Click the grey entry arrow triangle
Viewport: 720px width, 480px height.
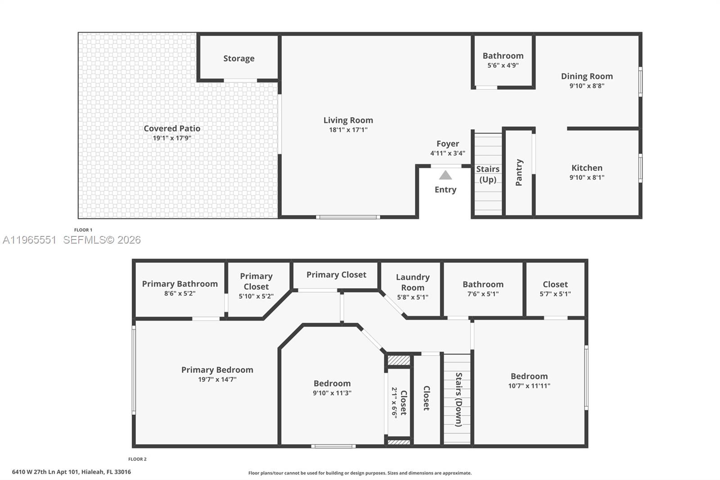click(x=445, y=175)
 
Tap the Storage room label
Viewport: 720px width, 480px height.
click(x=239, y=59)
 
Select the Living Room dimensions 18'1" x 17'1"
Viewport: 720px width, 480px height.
click(x=348, y=130)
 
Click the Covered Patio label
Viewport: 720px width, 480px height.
click(x=172, y=128)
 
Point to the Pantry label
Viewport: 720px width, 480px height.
click(x=519, y=172)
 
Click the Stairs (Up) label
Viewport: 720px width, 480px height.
click(x=488, y=174)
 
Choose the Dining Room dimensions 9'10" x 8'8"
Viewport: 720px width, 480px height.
click(x=587, y=86)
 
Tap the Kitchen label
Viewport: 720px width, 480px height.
click(x=587, y=168)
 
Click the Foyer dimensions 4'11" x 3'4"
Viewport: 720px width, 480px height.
click(x=448, y=153)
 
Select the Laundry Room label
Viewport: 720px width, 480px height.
click(x=413, y=282)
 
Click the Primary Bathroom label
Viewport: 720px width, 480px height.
click(x=180, y=284)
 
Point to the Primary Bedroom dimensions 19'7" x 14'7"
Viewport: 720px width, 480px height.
click(x=217, y=379)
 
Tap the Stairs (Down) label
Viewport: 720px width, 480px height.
click(x=459, y=399)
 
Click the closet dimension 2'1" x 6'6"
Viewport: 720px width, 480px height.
click(x=394, y=403)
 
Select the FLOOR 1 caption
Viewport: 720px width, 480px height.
click(x=83, y=230)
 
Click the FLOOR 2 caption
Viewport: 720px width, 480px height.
click(x=137, y=459)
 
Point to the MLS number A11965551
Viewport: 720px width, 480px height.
click(x=29, y=240)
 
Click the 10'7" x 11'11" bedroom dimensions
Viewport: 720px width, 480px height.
click(x=529, y=386)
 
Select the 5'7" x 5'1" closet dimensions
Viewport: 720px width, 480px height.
click(x=555, y=294)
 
